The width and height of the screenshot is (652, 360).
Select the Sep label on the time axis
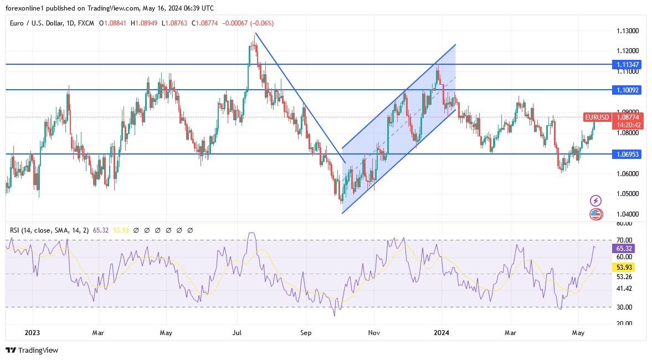click(x=306, y=333)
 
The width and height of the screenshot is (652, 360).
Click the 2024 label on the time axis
click(x=441, y=333)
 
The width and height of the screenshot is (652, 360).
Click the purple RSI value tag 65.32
click(x=624, y=248)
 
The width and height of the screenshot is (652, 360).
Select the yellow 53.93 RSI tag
click(x=624, y=268)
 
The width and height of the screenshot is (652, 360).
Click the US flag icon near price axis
click(x=596, y=214)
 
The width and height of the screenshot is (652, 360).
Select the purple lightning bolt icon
click(x=596, y=200)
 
